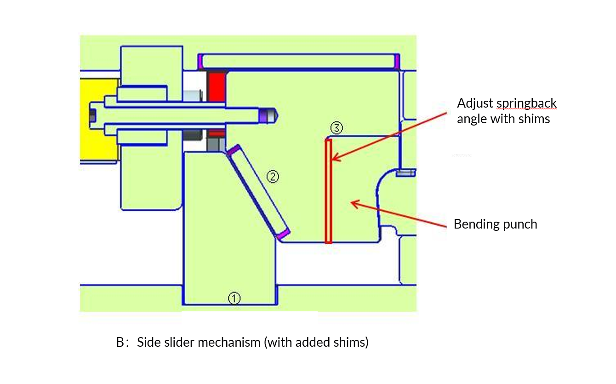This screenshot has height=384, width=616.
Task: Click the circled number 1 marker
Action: click(234, 298)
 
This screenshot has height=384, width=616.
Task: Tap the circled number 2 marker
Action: click(273, 177)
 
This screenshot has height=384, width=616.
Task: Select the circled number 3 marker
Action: click(337, 128)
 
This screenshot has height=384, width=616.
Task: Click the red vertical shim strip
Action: click(328, 191)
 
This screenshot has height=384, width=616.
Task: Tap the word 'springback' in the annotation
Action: click(526, 103)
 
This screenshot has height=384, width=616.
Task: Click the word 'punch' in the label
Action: click(521, 224)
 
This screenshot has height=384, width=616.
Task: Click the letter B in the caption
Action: click(120, 343)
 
